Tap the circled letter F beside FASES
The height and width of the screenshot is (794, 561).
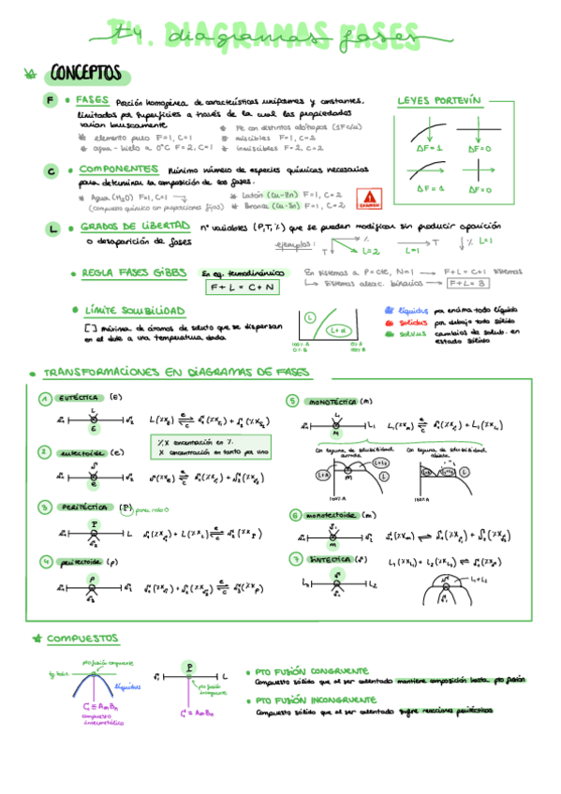pyautogui.click(x=51, y=100)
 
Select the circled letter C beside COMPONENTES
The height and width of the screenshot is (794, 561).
pyautogui.click(x=51, y=170)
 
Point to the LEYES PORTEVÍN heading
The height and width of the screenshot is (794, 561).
pyautogui.click(x=438, y=99)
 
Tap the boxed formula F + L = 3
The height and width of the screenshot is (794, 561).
pyautogui.click(x=466, y=284)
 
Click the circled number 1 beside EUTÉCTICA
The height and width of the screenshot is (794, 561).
pyautogui.click(x=44, y=398)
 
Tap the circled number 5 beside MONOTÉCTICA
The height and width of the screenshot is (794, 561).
pyautogui.click(x=292, y=401)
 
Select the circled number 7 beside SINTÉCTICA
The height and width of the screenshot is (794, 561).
pyautogui.click(x=294, y=559)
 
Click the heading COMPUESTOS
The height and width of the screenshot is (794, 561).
pyautogui.click(x=82, y=639)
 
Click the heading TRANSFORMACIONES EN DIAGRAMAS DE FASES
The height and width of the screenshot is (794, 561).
pyautogui.click(x=176, y=372)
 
